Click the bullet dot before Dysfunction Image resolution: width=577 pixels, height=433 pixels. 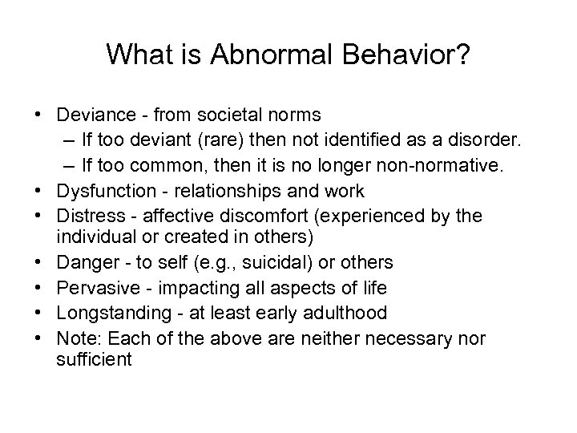(x=39, y=191)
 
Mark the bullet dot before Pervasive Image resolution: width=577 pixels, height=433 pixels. (x=39, y=288)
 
